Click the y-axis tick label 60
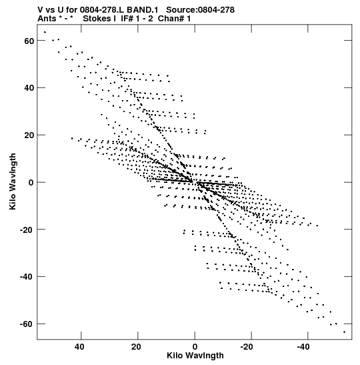[29, 41]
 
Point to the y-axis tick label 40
[29, 88]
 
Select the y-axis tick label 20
[29, 135]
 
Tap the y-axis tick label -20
[27, 230]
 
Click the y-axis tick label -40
[27, 277]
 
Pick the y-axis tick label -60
[27, 324]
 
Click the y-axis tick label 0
[31, 183]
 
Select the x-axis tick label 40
[79, 347]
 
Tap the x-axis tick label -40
[303, 347]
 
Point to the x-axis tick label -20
[247, 347]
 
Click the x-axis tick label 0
[195, 347]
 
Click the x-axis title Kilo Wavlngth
[195, 356]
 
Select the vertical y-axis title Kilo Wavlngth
[13, 181]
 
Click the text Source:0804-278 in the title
[200, 10]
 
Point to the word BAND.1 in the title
[143, 10]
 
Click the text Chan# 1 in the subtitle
[174, 19]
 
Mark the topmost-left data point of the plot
[45, 32]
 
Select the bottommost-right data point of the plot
[344, 332]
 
